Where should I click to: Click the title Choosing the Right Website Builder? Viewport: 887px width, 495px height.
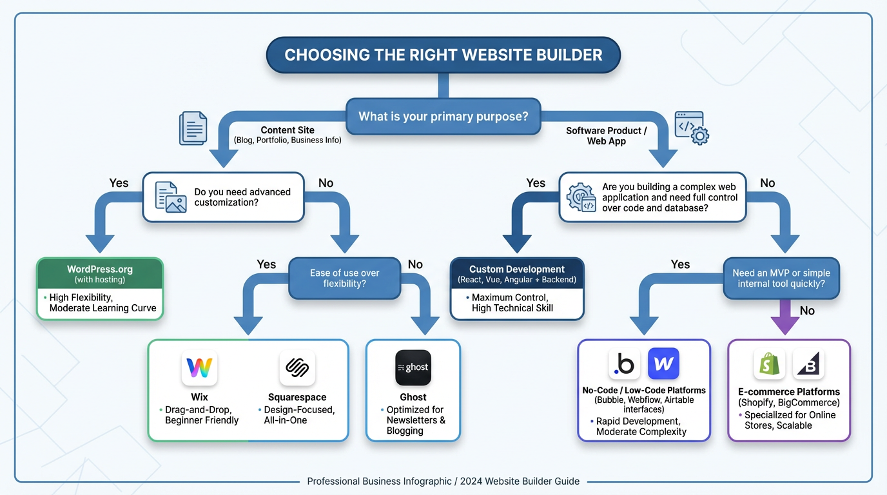pos(443,55)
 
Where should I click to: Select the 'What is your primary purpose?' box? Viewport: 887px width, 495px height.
pos(443,117)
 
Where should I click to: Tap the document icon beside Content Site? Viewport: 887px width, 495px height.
pos(193,128)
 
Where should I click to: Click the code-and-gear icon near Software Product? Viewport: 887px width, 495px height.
pos(691,128)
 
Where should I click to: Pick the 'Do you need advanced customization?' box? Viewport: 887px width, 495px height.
pos(223,197)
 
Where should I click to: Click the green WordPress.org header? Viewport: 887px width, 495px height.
pos(100,274)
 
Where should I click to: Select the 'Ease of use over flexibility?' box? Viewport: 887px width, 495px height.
pos(344,278)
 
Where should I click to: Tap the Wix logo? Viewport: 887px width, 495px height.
pos(199,368)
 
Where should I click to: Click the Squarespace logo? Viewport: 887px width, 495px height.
pos(297,368)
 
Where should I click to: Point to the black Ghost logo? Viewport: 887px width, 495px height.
pos(413,367)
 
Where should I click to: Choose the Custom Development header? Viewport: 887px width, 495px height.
pos(517,274)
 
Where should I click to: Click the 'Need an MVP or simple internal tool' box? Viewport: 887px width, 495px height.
pos(781,278)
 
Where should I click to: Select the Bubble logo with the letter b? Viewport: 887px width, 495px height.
pos(624,365)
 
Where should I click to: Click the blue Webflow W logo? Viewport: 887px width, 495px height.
pos(663,364)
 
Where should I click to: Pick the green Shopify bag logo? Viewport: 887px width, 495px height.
pos(769,365)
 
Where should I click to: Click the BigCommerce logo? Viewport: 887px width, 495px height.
pos(808,365)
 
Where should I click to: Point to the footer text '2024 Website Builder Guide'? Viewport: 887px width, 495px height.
pos(520,481)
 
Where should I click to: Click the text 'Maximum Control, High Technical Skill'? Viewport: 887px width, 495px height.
pos(512,303)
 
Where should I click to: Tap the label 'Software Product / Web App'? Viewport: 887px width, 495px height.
pos(606,135)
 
